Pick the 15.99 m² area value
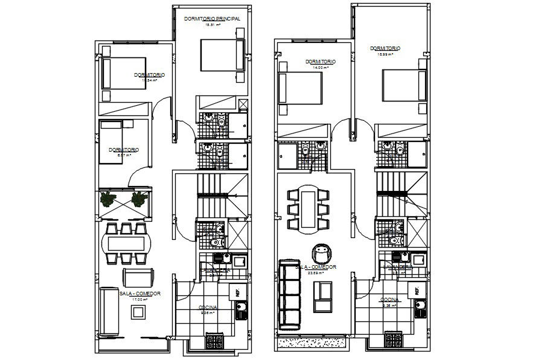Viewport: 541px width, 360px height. (x=385, y=54)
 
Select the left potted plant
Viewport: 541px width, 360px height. (x=108, y=199)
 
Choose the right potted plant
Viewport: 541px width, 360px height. (x=139, y=199)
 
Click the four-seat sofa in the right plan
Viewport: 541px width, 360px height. (x=289, y=294)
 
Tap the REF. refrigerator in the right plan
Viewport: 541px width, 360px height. (x=417, y=291)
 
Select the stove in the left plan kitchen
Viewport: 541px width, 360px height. (x=215, y=341)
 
